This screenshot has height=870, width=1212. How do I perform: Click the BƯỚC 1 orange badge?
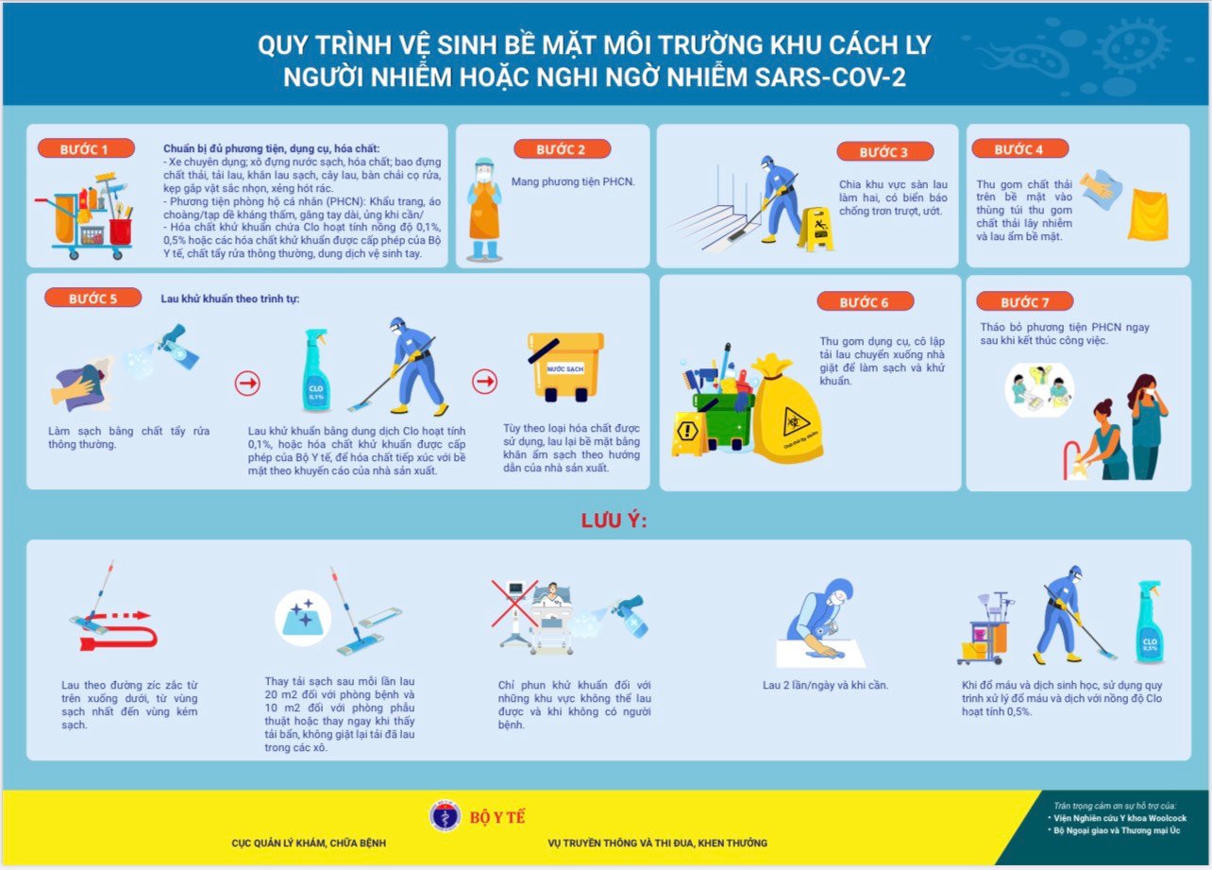(86, 148)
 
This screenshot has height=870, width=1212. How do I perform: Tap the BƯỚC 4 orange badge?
(1020, 148)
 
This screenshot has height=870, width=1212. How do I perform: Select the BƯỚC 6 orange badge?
(866, 301)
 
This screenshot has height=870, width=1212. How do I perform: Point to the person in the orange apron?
(484, 210)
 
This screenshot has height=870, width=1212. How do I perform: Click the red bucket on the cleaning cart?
(120, 231)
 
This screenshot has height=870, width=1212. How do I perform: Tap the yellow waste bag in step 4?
(1148, 214)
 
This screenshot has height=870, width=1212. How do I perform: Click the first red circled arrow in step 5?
(247, 384)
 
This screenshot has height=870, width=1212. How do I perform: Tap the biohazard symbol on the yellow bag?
(795, 421)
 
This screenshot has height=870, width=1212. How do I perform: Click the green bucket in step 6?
(722, 419)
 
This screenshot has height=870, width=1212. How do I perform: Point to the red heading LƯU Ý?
(614, 520)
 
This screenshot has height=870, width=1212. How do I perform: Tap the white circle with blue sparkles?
(302, 618)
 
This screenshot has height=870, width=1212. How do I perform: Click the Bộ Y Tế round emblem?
(445, 816)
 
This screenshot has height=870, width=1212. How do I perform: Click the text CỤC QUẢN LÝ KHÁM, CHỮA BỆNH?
(309, 843)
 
